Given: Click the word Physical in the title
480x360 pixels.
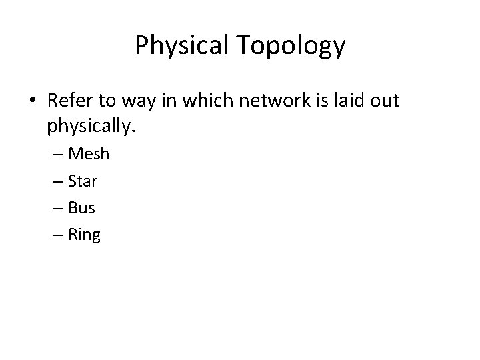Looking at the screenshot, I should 181,46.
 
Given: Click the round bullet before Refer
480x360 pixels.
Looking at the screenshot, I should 33,101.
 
